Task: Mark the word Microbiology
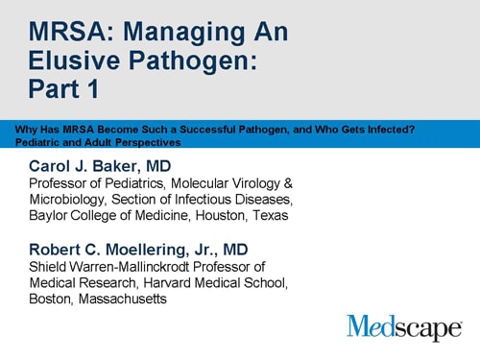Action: click(68, 199)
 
